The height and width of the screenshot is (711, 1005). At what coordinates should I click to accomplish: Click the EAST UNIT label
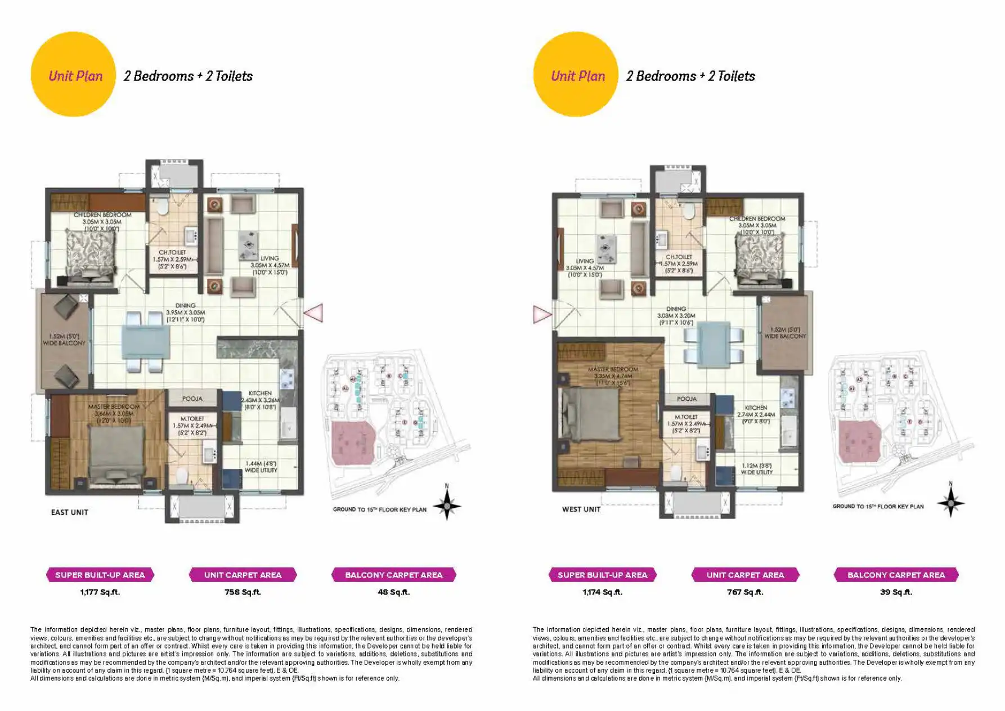pyautogui.click(x=69, y=512)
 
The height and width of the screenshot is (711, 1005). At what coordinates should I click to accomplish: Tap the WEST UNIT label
pyautogui.click(x=581, y=509)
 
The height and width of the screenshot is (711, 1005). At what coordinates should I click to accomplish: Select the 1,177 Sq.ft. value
pyautogui.click(x=100, y=592)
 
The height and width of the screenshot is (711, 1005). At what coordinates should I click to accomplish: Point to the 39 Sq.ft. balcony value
pyautogui.click(x=896, y=592)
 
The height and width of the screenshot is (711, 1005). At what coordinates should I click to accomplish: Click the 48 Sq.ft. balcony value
pyautogui.click(x=393, y=592)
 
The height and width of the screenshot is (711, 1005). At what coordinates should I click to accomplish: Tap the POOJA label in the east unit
pyautogui.click(x=192, y=399)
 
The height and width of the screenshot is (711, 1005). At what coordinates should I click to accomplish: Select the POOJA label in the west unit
pyautogui.click(x=687, y=399)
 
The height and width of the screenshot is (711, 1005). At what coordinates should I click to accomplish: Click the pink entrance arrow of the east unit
pyautogui.click(x=314, y=313)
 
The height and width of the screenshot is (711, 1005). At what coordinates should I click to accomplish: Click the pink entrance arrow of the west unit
pyautogui.click(x=542, y=315)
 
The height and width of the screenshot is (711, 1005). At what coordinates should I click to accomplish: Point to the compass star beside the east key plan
pyautogui.click(x=447, y=505)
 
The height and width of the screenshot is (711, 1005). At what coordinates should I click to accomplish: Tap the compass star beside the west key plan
pyautogui.click(x=950, y=502)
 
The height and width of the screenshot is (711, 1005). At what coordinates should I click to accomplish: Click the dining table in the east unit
pyautogui.click(x=145, y=342)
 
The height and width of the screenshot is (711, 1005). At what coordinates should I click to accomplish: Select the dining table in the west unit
pyautogui.click(x=713, y=342)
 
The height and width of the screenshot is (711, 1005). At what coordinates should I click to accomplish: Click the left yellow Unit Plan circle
pyautogui.click(x=73, y=74)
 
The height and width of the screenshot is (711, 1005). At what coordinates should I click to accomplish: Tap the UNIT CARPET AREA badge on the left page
pyautogui.click(x=243, y=575)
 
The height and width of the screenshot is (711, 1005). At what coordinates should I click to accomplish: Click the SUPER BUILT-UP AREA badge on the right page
pyautogui.click(x=602, y=575)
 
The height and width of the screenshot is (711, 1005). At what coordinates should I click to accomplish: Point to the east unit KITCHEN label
pyautogui.click(x=260, y=393)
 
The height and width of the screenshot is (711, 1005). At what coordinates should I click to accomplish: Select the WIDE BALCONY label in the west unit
pyautogui.click(x=785, y=333)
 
